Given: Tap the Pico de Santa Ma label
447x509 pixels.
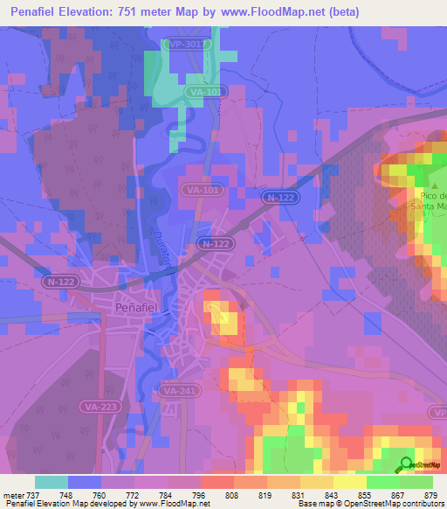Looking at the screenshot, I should point(430,200).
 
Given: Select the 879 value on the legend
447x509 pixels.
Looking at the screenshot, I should point(431,496).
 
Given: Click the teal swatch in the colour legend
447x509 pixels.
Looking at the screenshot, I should point(52,482).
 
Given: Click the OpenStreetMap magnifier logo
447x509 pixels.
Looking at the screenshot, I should point(407,464).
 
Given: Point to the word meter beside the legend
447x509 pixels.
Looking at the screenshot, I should point(11,496).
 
